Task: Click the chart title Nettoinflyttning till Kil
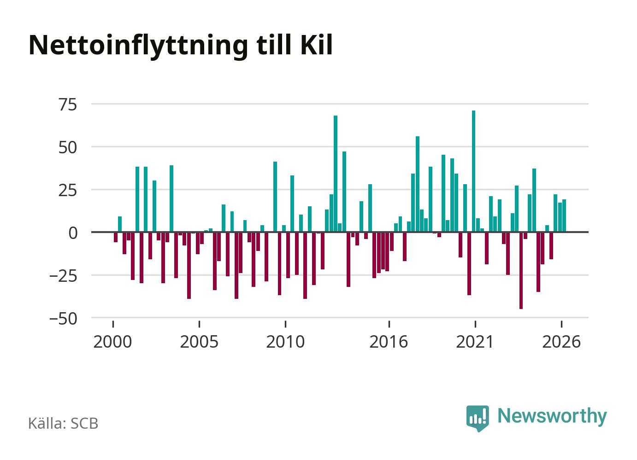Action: [x=181, y=46]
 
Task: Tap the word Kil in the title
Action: [x=317, y=45]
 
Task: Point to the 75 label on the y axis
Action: [x=68, y=105]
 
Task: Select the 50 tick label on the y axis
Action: [x=68, y=148]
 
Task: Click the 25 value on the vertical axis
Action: [x=68, y=190]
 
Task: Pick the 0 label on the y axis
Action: [x=73, y=233]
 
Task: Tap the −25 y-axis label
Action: [x=64, y=276]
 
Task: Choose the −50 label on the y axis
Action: [x=64, y=319]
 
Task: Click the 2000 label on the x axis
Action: [x=112, y=342]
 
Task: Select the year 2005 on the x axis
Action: [x=199, y=342]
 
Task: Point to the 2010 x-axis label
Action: [x=285, y=342]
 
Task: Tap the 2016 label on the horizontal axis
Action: [x=389, y=342]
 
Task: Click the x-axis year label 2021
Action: [x=475, y=342]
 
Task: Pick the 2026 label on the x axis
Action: [x=561, y=342]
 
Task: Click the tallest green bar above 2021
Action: [x=473, y=171]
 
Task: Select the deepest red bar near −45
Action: [x=521, y=270]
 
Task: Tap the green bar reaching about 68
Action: [x=336, y=174]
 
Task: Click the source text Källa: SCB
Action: [x=63, y=423]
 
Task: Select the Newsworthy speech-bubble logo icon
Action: [x=478, y=418]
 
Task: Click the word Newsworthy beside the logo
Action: [x=552, y=417]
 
